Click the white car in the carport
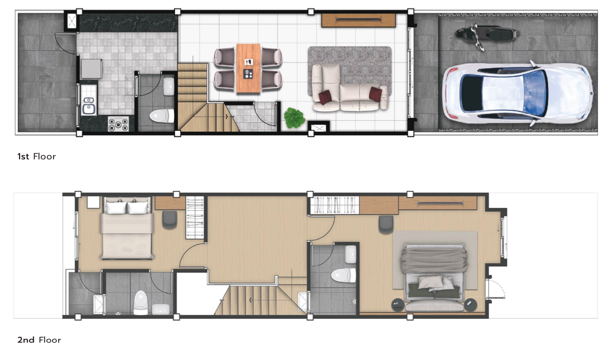[x=517, y=93]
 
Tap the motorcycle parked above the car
[x=487, y=36]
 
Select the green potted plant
[x=294, y=118]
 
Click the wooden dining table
[x=248, y=68]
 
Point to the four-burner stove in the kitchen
[x=118, y=124]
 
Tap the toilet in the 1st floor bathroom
[x=162, y=116]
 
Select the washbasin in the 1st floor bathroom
[x=169, y=86]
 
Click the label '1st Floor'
[x=37, y=157]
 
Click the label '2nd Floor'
[x=39, y=340]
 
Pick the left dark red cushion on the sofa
[x=325, y=97]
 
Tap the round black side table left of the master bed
[x=398, y=305]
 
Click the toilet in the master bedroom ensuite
[x=344, y=275]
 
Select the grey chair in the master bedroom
[x=386, y=224]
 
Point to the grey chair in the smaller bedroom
[x=169, y=219]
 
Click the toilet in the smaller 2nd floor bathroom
[x=141, y=303]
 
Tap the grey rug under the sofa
[x=350, y=70]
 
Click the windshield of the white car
[x=534, y=93]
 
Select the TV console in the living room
[x=359, y=20]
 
